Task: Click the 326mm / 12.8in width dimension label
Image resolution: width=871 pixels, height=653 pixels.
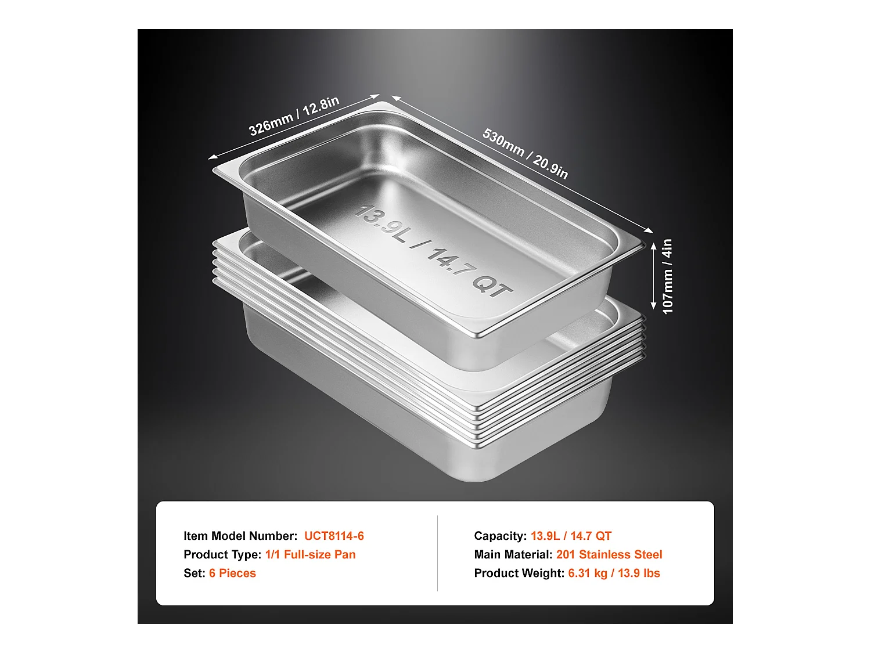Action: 294,116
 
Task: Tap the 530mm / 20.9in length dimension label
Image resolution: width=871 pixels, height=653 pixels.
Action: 525,153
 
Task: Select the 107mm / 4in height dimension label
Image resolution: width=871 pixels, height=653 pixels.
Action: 667,276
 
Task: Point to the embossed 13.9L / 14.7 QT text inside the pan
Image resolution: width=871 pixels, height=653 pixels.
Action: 432,251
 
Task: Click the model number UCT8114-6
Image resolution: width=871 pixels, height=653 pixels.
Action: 334,536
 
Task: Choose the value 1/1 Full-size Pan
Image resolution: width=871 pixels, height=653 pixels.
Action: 310,554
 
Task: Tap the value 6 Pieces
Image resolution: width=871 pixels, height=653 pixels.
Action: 232,573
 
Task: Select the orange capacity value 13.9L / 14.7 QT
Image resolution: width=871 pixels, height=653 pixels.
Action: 571,536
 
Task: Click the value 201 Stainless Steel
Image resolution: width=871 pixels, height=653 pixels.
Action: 609,554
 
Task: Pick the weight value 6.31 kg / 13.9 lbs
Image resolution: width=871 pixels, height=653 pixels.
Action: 614,573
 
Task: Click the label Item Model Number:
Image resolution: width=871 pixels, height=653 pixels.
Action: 240,536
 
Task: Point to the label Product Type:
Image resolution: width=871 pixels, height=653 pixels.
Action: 222,554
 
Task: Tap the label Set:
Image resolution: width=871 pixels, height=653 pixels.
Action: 195,573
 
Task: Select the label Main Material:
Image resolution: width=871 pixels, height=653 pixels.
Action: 513,554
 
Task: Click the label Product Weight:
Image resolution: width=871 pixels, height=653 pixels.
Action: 519,573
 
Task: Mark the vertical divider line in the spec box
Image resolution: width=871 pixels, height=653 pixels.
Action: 437,553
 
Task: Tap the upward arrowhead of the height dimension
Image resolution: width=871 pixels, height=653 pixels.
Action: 654,247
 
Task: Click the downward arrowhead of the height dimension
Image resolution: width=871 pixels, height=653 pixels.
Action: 654,305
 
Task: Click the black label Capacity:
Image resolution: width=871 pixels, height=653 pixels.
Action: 501,536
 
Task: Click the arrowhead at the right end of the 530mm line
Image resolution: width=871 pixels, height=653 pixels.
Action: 649,230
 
